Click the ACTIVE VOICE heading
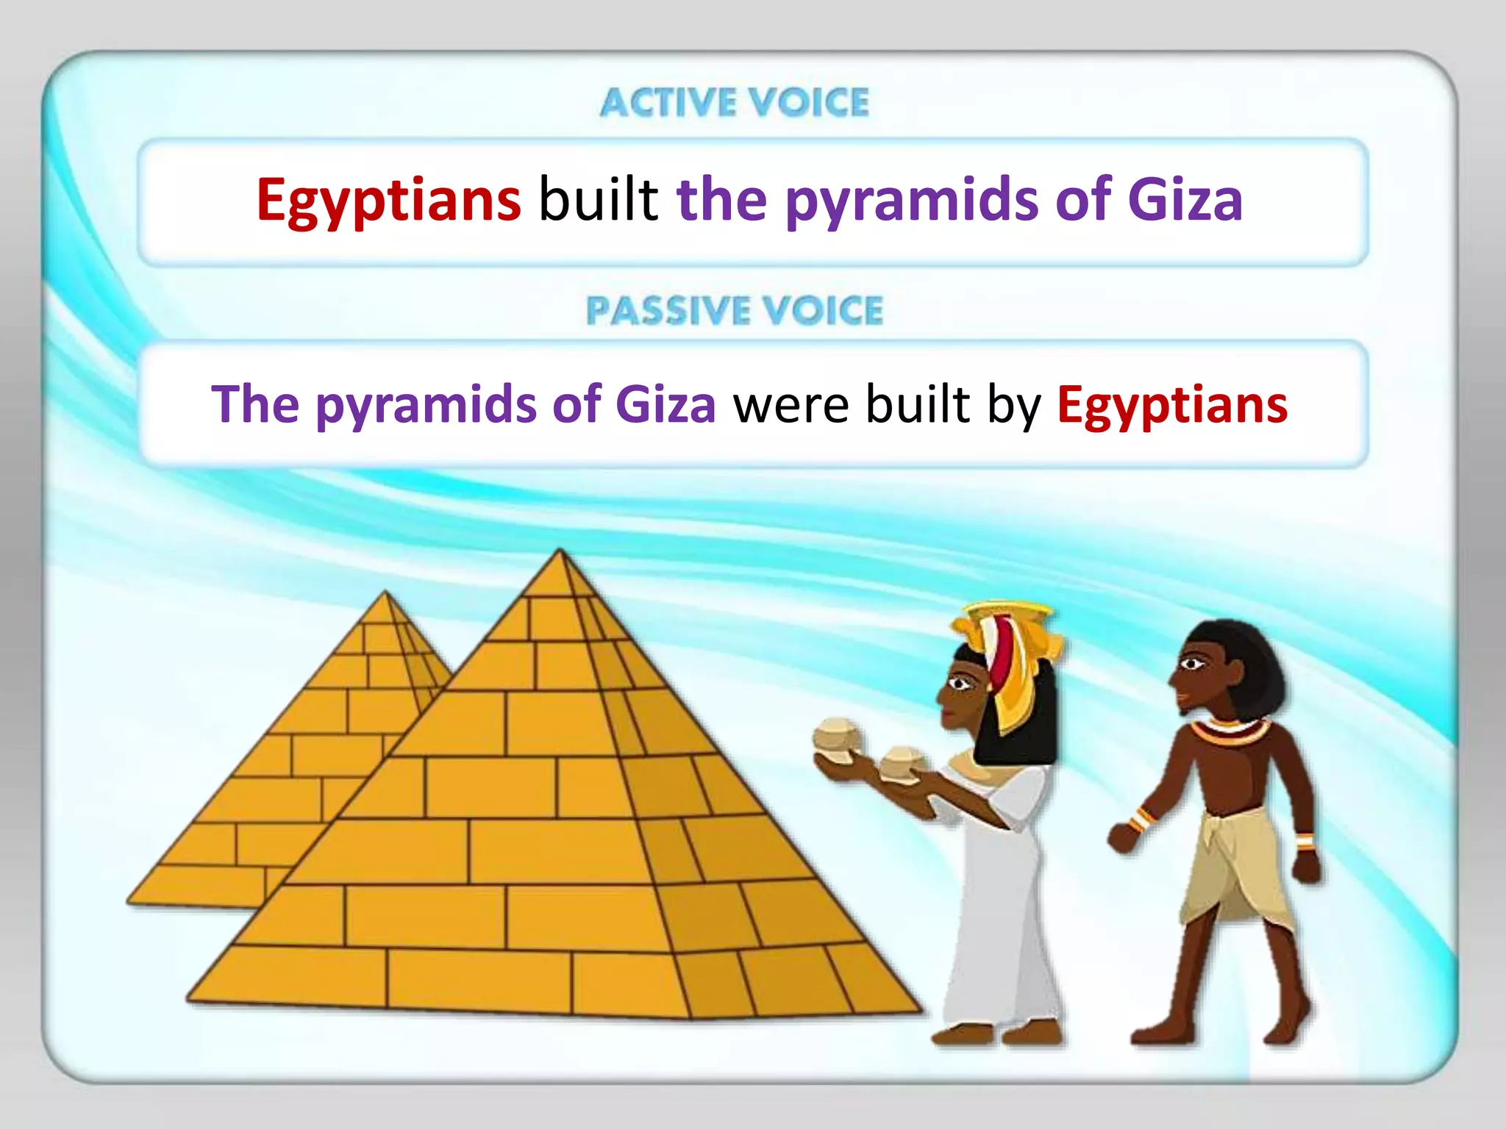click(x=734, y=102)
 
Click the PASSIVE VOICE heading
click(x=734, y=310)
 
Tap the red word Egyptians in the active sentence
click(x=388, y=200)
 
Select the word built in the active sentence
click(x=599, y=200)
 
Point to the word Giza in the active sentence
click(x=1185, y=200)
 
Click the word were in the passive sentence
click(x=791, y=405)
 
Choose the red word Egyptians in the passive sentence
click(x=1172, y=406)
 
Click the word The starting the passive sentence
click(x=255, y=405)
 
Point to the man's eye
click(x=1192, y=664)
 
